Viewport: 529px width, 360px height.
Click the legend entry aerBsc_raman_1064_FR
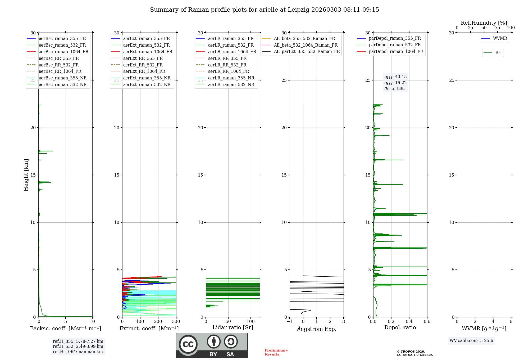[x=63, y=52]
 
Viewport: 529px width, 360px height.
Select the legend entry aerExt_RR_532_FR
[x=143, y=65]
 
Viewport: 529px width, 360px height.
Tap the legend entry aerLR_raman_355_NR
[x=231, y=78]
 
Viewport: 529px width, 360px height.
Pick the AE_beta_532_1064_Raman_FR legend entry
[x=305, y=45]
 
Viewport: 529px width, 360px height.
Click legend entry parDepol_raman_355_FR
[x=395, y=38]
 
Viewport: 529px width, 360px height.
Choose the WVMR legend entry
[x=500, y=38]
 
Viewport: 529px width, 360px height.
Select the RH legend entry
[x=498, y=53]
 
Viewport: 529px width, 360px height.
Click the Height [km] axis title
[x=26, y=175]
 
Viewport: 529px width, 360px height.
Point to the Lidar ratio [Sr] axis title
[x=233, y=327]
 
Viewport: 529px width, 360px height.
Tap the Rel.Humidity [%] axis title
[x=484, y=23]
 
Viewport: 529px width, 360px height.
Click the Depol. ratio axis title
[x=400, y=327]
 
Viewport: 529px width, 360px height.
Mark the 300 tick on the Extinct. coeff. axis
[x=176, y=322]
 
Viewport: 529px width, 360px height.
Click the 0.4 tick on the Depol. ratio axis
[x=409, y=322]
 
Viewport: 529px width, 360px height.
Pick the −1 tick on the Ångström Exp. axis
[x=290, y=322]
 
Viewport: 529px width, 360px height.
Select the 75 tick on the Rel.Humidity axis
[x=498, y=28]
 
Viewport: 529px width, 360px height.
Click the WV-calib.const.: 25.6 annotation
[x=471, y=341]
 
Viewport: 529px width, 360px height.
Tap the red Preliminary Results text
[x=276, y=352]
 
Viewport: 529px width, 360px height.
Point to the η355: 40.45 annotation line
[x=395, y=77]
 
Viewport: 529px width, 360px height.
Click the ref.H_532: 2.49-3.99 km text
[x=78, y=346]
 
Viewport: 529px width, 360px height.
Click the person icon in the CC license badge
[x=214, y=341]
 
